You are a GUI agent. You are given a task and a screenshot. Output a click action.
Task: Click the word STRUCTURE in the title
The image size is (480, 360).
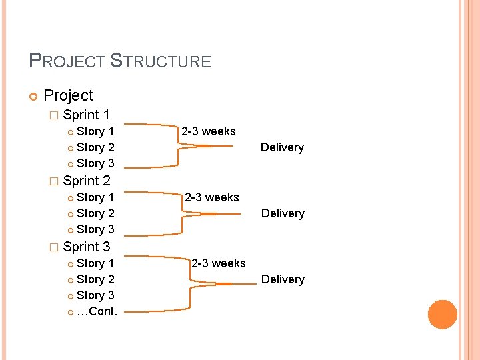[x=160, y=61]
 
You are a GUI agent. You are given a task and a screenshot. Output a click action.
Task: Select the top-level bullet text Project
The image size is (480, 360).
[x=68, y=96]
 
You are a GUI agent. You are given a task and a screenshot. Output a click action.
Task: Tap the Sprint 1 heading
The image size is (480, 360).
[x=86, y=115]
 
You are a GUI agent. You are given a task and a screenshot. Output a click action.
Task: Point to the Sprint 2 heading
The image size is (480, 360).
[x=86, y=181]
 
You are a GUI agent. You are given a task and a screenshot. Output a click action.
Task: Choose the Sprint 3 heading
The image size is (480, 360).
[x=86, y=247]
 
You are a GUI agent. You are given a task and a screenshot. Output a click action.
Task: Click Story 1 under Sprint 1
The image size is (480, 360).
[x=95, y=131]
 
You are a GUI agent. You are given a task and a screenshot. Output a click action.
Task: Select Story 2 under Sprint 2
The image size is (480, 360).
[x=95, y=213]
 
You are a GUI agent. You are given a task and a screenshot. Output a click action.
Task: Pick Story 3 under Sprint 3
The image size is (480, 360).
[x=95, y=295]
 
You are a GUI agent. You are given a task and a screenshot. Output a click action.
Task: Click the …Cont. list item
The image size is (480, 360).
[x=97, y=311]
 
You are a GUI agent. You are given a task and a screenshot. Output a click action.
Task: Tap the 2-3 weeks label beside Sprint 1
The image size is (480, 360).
[x=209, y=131]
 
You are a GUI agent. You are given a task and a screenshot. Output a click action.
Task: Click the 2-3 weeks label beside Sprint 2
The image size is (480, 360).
[x=212, y=197]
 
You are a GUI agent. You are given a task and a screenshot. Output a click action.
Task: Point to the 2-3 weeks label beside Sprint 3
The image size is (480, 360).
[x=219, y=263]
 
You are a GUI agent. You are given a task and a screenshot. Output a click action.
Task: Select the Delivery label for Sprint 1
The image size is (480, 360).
[x=282, y=147]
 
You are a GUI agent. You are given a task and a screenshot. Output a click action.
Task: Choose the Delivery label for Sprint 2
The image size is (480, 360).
[x=283, y=213]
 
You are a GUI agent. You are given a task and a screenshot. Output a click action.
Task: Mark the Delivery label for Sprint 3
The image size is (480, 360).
[x=283, y=279]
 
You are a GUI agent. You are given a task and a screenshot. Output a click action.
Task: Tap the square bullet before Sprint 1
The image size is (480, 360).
[x=54, y=115]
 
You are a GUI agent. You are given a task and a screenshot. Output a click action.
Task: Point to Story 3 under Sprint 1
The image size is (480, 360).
[x=95, y=163]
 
